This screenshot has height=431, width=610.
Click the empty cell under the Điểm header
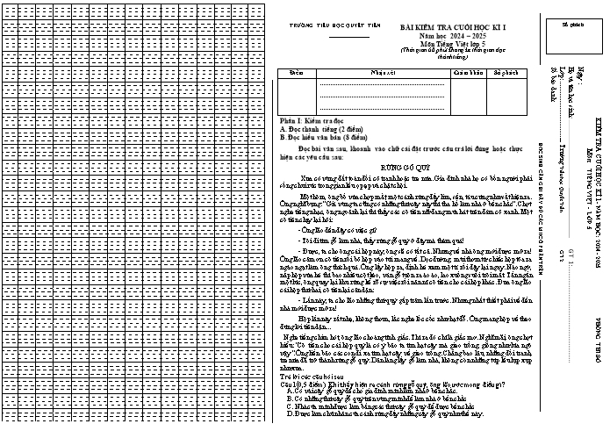click(x=295, y=93)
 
